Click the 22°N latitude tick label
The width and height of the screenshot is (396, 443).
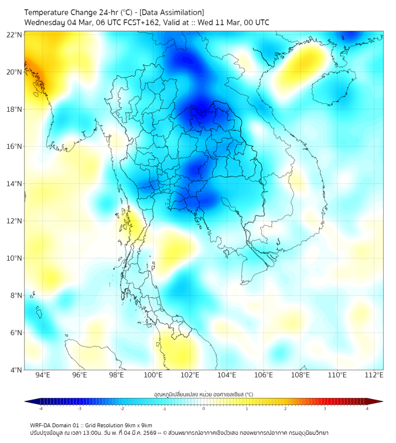click(15, 35)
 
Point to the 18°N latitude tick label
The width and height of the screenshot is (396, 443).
click(15, 109)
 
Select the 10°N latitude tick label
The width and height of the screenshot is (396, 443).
click(15, 258)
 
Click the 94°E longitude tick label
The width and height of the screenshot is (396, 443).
click(43, 375)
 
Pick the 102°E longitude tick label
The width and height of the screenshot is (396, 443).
click(190, 375)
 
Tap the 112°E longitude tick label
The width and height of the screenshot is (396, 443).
click(374, 375)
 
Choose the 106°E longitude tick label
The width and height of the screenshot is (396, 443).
click(264, 375)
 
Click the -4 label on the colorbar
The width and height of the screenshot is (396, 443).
click(40, 408)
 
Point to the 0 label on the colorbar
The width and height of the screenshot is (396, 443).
click(204, 408)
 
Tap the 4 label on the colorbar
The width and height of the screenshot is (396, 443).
click(367, 408)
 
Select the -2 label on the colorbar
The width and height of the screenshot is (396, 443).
click(122, 408)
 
